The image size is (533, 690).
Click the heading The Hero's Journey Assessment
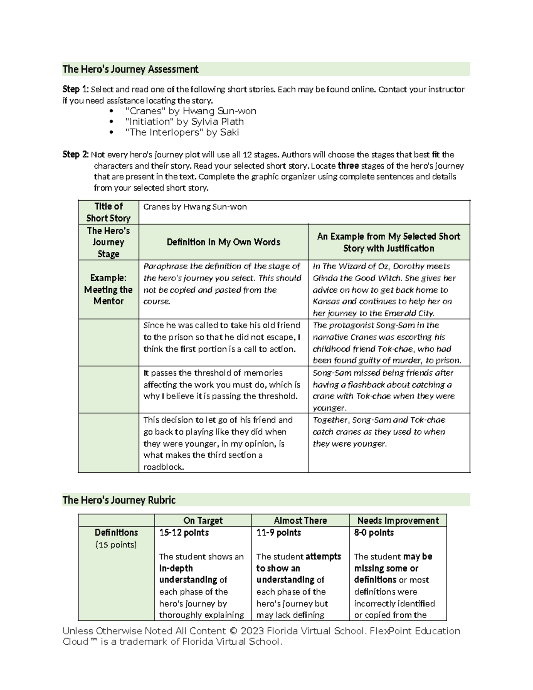pos(130,69)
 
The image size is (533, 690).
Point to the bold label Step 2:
pos(75,155)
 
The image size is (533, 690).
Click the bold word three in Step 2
pos(348,166)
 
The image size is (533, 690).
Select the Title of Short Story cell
pos(108,212)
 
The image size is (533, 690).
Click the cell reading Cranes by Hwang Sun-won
pos(195,207)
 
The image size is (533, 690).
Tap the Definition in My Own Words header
pos(223,242)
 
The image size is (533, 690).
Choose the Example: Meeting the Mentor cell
pos(108,290)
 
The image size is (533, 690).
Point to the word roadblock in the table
pos(163,467)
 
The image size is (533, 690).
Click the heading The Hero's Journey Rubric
pos(119,500)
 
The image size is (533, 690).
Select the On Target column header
pos(203,520)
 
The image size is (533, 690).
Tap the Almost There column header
pos(300,520)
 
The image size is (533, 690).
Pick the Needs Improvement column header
pos(398,520)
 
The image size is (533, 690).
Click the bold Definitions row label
pos(116,532)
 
